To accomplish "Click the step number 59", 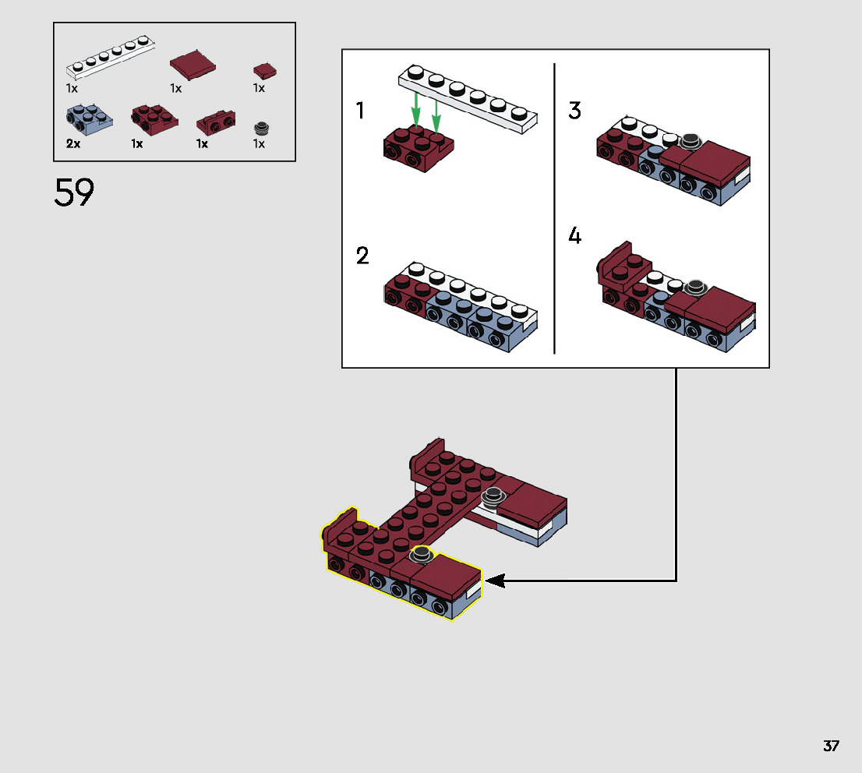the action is coord(74,192).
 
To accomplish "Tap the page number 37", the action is coord(831,747).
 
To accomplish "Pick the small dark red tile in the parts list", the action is coord(265,71).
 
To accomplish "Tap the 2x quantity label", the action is coord(72,144).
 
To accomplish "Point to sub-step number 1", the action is coord(360,111).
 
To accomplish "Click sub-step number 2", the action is coord(362,256).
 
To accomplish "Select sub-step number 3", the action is coord(574,111).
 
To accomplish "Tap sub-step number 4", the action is coord(575,235).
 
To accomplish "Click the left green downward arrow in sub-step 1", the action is coord(418,111).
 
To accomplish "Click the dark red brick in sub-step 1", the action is coord(419,150).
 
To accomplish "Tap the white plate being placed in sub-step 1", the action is coord(468,98).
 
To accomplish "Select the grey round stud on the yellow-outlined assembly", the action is coord(422,554).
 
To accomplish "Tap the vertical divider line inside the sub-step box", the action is coord(554,208).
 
